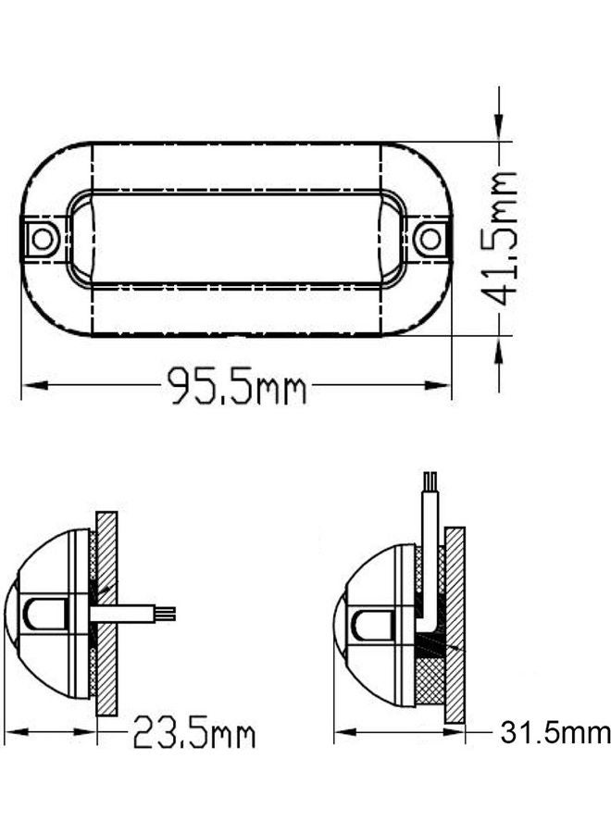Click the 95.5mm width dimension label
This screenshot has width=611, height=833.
[236, 386]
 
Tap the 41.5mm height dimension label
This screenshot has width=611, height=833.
[502, 238]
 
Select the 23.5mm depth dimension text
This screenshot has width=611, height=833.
[193, 735]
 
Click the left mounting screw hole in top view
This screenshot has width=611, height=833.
[42, 239]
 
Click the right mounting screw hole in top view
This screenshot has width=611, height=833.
[430, 239]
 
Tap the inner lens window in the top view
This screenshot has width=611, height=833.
[236, 238]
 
